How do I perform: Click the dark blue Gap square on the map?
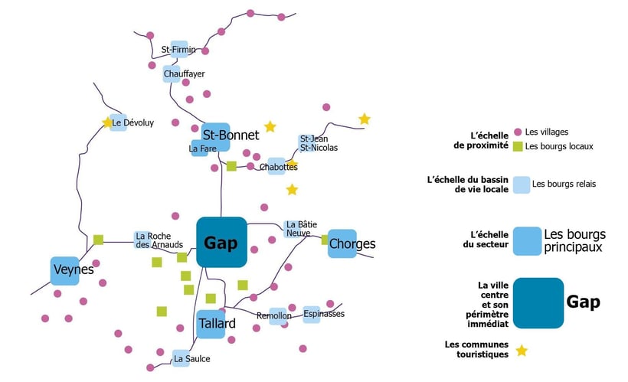[x=221, y=242]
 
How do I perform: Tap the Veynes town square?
[x=65, y=271]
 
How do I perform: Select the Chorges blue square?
[x=342, y=243]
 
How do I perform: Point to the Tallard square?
[x=211, y=324]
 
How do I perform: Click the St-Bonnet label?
[x=231, y=135]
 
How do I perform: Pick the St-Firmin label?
[x=178, y=50]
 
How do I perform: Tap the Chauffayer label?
[x=185, y=73]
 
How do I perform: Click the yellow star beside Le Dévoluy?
[x=107, y=122]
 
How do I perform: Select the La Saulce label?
[x=191, y=359]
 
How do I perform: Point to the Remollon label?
[x=274, y=315]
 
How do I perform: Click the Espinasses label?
[x=324, y=314]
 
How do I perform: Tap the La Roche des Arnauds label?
[x=159, y=240]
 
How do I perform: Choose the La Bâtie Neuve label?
[x=302, y=229]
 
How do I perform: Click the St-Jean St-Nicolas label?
[x=319, y=143]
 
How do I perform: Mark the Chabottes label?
[x=278, y=167]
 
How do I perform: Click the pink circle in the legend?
[x=518, y=132]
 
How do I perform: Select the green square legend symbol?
[x=518, y=146]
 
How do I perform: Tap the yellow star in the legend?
[x=522, y=351]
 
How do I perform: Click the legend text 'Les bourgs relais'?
[x=564, y=184]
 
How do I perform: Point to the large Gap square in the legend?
[x=538, y=303]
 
